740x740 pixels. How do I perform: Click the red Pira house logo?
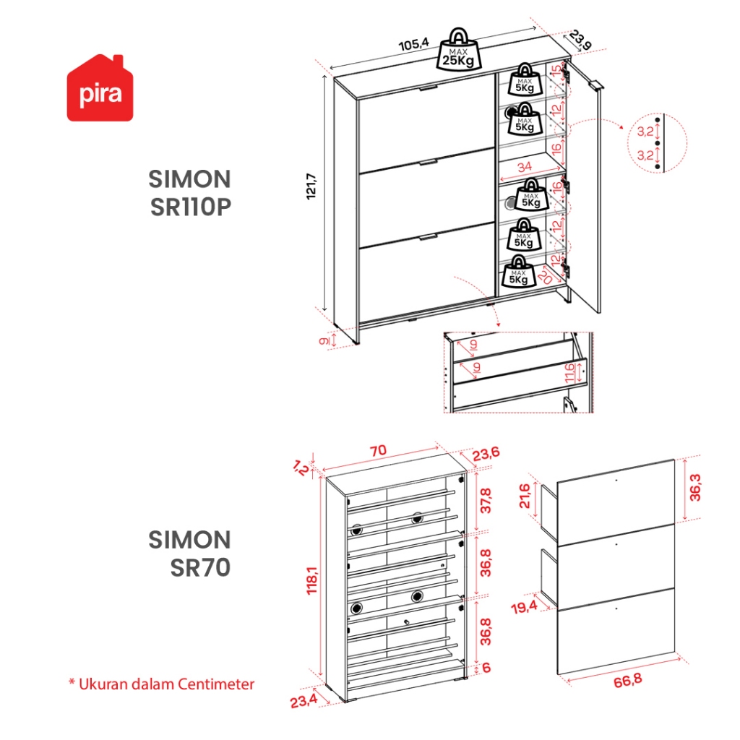click(x=100, y=88)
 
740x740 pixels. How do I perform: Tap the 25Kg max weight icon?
click(x=459, y=50)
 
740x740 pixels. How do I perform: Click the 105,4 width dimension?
click(x=414, y=44)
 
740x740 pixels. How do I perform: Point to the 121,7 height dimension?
click(x=312, y=186)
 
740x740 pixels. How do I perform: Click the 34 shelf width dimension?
click(x=525, y=167)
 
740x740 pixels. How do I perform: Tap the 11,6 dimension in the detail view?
click(x=569, y=373)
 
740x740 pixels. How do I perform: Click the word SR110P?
click(x=191, y=207)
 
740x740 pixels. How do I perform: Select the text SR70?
click(x=200, y=567)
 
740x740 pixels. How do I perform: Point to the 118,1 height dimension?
click(x=312, y=580)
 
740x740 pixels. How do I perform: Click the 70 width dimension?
click(x=378, y=450)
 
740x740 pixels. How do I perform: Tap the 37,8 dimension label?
click(x=486, y=501)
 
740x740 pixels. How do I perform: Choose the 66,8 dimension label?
click(x=628, y=681)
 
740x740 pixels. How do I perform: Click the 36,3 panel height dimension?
click(x=695, y=488)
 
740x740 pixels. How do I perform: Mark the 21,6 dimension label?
click(x=525, y=496)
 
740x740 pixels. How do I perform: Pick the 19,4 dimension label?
click(x=524, y=606)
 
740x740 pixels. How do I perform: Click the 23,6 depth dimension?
click(x=486, y=454)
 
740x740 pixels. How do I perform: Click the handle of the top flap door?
click(x=429, y=87)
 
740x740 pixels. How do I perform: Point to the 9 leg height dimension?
click(x=324, y=340)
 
